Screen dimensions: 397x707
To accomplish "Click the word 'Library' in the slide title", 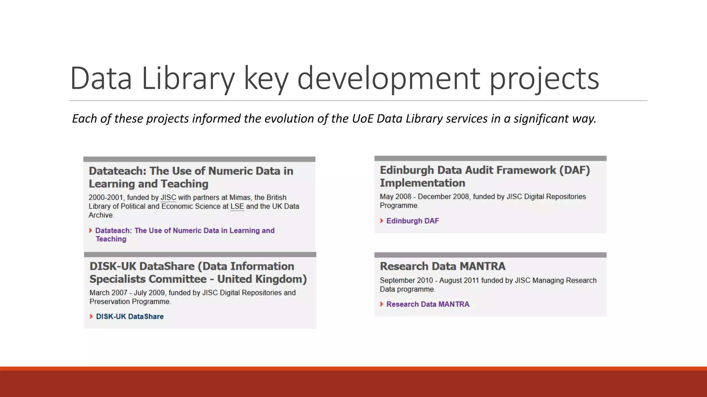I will click(x=188, y=79).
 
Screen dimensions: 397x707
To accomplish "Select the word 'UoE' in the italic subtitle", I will click(x=363, y=119).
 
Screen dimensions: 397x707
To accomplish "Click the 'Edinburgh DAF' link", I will click(x=413, y=221).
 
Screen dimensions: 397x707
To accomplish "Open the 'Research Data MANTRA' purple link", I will click(x=428, y=304).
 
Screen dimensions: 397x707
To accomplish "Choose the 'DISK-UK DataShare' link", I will click(x=130, y=316).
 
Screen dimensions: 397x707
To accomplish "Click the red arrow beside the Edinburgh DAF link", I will click(x=381, y=221).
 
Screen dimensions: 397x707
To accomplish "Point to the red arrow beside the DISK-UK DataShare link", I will click(x=91, y=316).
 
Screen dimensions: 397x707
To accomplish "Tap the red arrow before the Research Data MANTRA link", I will click(x=381, y=304).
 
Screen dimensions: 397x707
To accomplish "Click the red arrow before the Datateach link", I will click(x=90, y=230).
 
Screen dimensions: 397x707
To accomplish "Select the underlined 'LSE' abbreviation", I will click(x=237, y=206).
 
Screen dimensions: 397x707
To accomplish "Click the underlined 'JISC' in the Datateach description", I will click(x=168, y=197).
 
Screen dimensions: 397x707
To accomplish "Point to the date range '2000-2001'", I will click(x=106, y=197).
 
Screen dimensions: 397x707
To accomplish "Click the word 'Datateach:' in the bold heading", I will click(x=118, y=171).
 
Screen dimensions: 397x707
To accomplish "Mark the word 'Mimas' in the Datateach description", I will click(x=240, y=197).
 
